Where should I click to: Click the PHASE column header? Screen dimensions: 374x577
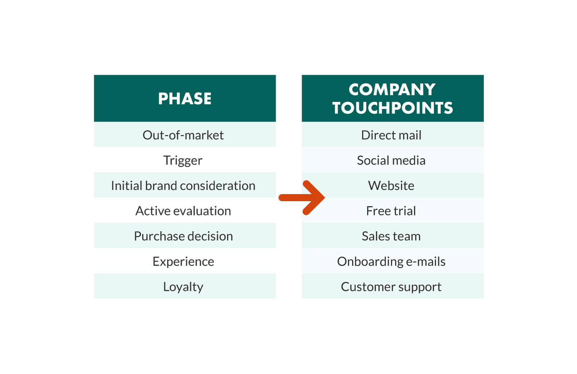185,99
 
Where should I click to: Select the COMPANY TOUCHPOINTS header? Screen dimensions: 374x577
392,99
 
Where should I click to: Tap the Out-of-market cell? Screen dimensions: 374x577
183,135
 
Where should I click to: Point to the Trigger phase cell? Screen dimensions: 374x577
183,160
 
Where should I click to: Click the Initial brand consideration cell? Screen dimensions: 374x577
183,185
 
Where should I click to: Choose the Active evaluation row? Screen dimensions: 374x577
183,211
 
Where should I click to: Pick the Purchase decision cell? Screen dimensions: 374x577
183,236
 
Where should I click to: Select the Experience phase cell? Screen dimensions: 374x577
183,261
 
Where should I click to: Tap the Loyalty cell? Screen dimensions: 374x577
183,287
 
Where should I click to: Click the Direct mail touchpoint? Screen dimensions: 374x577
391,135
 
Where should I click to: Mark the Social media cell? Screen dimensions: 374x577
391,160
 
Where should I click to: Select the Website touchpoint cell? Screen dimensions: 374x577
391,185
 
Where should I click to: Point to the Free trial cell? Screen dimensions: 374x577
391,211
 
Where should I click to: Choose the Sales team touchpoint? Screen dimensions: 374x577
391,236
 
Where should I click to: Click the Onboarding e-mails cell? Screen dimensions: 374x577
391,261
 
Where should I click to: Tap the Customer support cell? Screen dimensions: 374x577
391,287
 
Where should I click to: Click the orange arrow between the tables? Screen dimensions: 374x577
303,197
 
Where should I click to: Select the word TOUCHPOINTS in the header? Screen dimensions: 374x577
393,108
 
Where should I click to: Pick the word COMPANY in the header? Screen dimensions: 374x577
392,89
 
